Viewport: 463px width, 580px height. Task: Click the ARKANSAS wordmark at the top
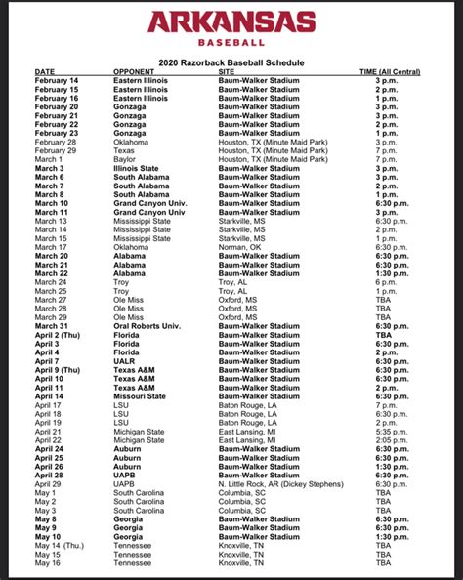(x=231, y=23)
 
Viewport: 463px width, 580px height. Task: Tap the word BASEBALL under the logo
(x=231, y=43)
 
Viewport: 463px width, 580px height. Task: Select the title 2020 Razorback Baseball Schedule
(x=231, y=61)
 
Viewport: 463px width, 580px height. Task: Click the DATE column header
(x=46, y=72)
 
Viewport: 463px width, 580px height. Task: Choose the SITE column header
(x=227, y=72)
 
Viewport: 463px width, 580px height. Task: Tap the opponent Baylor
(x=126, y=159)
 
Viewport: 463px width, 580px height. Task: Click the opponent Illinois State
(x=141, y=168)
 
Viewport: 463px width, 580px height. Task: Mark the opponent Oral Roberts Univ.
(x=148, y=326)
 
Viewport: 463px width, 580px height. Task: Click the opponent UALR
(x=126, y=360)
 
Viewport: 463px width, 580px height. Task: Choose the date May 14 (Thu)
(x=62, y=545)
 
